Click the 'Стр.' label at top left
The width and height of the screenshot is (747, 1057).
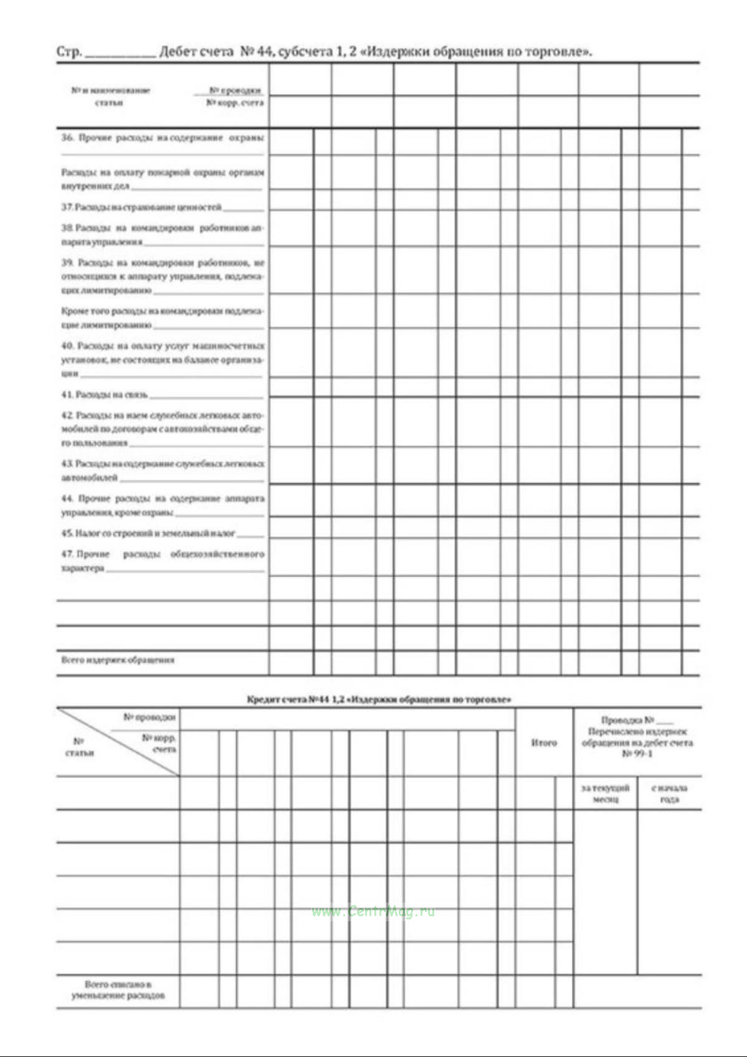click(69, 52)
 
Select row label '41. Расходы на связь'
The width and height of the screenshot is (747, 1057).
click(105, 395)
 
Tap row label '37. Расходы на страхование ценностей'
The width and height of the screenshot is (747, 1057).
click(141, 207)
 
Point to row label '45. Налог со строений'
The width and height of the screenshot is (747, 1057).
click(148, 533)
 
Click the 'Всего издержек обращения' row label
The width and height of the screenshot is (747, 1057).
click(118, 660)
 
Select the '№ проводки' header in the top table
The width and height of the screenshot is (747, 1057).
click(236, 91)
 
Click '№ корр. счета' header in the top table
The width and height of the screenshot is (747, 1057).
click(235, 103)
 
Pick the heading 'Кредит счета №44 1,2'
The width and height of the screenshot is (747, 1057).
click(379, 699)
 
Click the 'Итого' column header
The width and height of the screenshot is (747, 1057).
click(544, 742)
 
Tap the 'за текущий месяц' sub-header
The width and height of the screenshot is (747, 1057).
click(605, 794)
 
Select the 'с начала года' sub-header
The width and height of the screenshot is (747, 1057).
click(670, 794)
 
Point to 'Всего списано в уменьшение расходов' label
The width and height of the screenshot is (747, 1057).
click(118, 990)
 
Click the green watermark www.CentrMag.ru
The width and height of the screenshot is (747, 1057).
click(373, 912)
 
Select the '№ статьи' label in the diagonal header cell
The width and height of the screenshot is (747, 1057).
click(79, 747)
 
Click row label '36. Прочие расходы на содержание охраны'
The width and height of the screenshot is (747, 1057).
click(162, 137)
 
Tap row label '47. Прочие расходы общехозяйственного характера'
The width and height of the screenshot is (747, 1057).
click(162, 561)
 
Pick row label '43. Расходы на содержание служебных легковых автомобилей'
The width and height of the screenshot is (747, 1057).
click(162, 470)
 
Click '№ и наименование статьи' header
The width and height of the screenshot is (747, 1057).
click(110, 97)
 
